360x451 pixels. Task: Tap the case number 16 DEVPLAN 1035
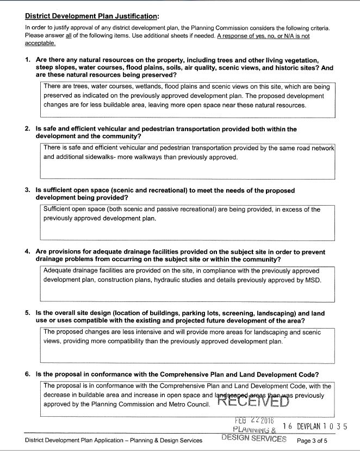315,427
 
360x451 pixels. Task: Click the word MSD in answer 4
314,281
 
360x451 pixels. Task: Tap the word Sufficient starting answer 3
59,209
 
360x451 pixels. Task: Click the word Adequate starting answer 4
58,271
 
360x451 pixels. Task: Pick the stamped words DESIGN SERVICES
253,438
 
